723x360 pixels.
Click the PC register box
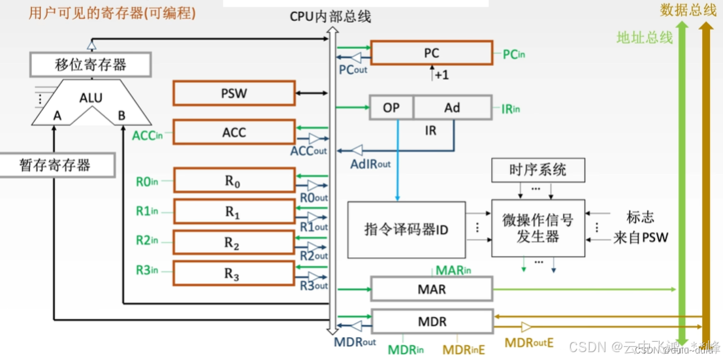click(x=431, y=53)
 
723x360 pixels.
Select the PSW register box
click(x=233, y=93)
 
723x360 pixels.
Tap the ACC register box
click(x=233, y=132)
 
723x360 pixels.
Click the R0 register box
click(x=233, y=181)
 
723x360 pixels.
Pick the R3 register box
click(x=233, y=274)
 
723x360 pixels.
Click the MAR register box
click(x=431, y=288)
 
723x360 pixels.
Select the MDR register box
click(x=431, y=321)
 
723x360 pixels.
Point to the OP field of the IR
click(x=391, y=107)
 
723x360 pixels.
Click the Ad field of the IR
click(x=452, y=107)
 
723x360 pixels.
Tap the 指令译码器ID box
click(x=406, y=229)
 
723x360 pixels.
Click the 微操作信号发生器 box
click(x=538, y=228)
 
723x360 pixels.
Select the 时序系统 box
click(x=538, y=171)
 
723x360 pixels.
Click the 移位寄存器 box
click(x=91, y=65)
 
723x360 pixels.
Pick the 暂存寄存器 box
click(x=55, y=165)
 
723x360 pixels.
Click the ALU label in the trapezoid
click(x=91, y=97)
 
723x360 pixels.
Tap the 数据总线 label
click(x=688, y=10)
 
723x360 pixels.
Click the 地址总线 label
click(x=645, y=37)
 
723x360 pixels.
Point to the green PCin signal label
click(x=513, y=54)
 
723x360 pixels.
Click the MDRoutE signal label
click(x=529, y=342)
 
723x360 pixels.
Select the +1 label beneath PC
click(x=442, y=75)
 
